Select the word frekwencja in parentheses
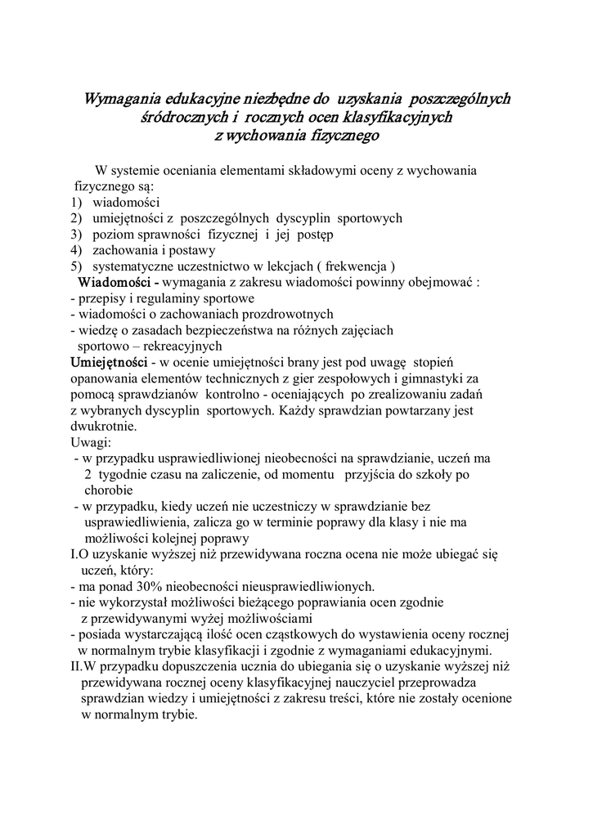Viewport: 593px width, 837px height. tap(358, 266)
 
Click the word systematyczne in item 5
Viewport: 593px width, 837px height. tap(133, 266)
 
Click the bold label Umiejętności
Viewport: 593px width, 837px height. tap(109, 361)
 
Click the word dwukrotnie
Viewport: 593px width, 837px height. tap(104, 426)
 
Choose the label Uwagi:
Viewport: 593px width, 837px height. tap(91, 442)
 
